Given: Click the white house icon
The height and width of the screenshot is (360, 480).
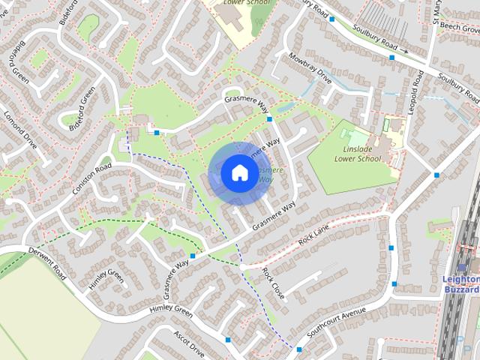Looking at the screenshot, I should tap(238, 172).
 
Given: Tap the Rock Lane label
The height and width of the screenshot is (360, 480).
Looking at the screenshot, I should tap(313, 239).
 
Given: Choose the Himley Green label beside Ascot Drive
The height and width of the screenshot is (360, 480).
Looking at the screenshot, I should tap(171, 310).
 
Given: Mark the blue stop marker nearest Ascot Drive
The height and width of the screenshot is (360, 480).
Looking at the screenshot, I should tap(228, 340).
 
